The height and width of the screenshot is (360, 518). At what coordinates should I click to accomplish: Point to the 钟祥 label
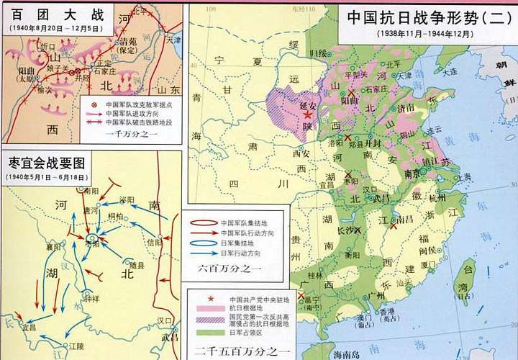point(91,297)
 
